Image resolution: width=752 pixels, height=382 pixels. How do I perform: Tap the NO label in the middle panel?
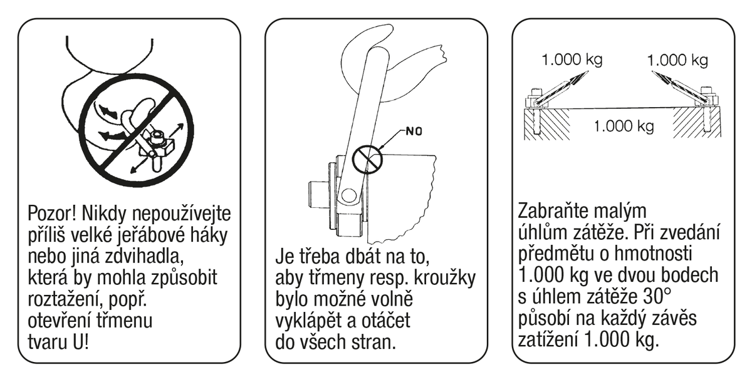[414, 131]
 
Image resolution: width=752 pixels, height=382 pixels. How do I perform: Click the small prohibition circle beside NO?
[367, 159]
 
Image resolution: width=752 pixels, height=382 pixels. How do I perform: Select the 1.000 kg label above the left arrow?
[572, 59]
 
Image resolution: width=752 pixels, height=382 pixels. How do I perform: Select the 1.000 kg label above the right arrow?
[677, 60]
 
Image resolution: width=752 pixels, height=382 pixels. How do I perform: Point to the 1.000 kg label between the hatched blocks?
[624, 126]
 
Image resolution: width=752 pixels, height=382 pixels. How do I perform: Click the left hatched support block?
[547, 124]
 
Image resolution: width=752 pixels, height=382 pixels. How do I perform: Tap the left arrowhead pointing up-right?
[580, 78]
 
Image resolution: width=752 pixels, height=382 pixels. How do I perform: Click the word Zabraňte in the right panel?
[549, 211]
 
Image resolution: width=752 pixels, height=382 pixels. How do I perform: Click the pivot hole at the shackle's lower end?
[349, 195]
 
